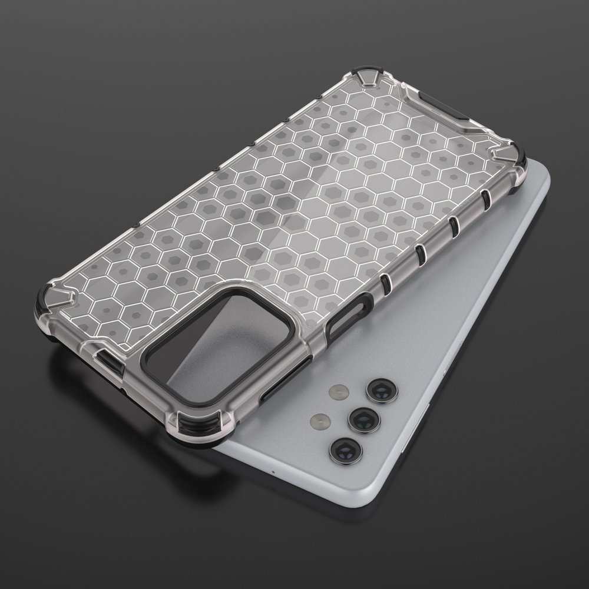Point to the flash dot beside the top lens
pos(338,391)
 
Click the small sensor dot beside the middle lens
pos(319,421)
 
